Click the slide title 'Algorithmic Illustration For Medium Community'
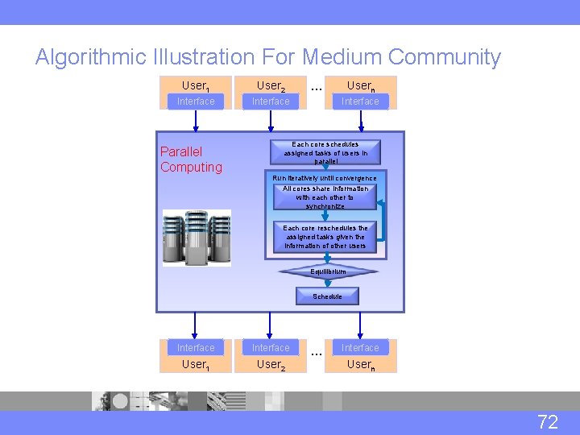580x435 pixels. [267, 57]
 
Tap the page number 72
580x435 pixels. [548, 421]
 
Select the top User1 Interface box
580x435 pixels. [196, 101]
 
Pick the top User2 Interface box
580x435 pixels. [271, 101]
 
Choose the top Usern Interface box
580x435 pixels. [360, 101]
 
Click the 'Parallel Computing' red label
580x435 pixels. [191, 159]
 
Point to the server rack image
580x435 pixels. [197, 238]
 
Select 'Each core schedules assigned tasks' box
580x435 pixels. [325, 152]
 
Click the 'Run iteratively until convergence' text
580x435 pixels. [325, 178]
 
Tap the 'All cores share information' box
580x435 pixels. [325, 197]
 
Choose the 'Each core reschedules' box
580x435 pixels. [325, 237]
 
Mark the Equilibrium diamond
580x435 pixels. [328, 271]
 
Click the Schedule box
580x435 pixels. [327, 296]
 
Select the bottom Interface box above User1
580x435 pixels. [196, 348]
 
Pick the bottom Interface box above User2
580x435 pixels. [271, 348]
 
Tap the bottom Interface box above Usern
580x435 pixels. [360, 348]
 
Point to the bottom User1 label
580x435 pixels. [196, 365]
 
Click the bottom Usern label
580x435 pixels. [360, 365]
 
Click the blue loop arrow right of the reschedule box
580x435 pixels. [383, 219]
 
